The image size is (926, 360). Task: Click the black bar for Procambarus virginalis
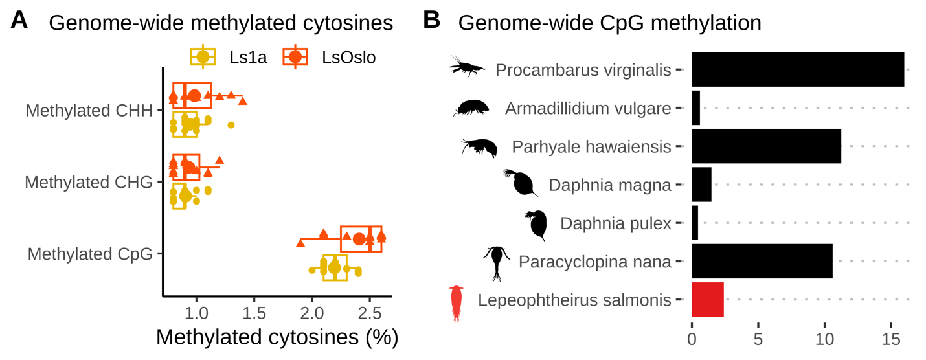tap(797, 69)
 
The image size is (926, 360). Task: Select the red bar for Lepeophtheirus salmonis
tap(707, 300)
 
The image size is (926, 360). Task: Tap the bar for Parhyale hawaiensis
tap(766, 146)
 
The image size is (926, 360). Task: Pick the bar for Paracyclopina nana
tap(762, 262)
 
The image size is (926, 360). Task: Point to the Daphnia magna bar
tap(701, 185)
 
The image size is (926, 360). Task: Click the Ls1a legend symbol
tap(203, 57)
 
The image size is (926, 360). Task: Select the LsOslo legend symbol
tap(295, 57)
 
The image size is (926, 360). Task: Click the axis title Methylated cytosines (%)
tap(277, 338)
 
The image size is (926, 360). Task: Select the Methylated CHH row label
tap(89, 111)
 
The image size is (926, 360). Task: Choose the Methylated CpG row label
tap(90, 253)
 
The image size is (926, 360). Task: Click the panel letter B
tap(431, 21)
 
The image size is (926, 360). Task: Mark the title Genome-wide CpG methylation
tap(609, 23)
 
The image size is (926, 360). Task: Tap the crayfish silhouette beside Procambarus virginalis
tap(466, 66)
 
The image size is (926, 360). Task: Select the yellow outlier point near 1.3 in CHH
tap(231, 125)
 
